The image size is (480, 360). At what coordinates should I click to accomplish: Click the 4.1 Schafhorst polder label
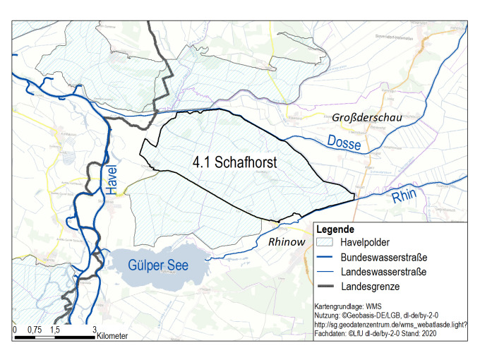pyautogui.click(x=234, y=162)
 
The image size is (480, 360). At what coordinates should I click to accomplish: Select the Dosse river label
pyautogui.click(x=344, y=142)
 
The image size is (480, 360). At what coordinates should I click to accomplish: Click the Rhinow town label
pyautogui.click(x=287, y=242)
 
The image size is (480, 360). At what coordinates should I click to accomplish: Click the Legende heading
pyautogui.click(x=335, y=230)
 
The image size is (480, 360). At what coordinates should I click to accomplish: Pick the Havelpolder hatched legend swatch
pyautogui.click(x=325, y=243)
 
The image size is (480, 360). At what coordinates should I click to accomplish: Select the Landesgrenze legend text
pyautogui.click(x=368, y=287)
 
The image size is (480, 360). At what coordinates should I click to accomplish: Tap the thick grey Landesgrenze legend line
pyautogui.click(x=325, y=287)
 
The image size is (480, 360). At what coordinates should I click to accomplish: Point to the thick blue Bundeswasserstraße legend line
pyautogui.click(x=325, y=257)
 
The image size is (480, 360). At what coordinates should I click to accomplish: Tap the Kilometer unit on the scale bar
pyautogui.click(x=113, y=336)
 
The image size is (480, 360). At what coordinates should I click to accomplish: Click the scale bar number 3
pyautogui.click(x=94, y=329)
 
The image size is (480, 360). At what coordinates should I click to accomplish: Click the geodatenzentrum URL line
pyautogui.click(x=391, y=323)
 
